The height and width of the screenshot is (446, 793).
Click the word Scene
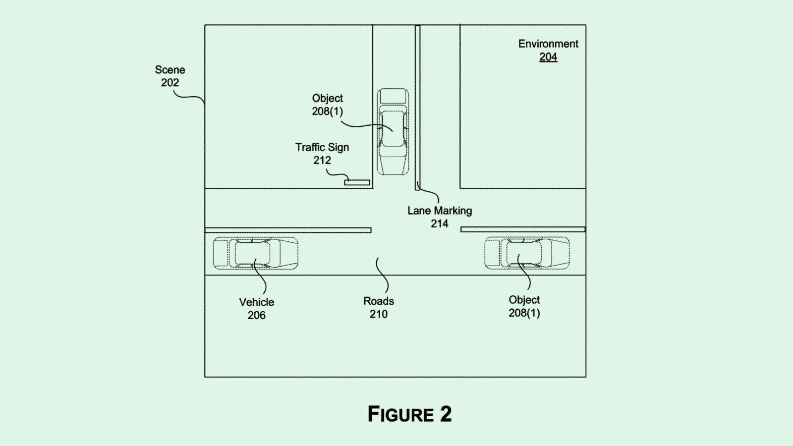click(170, 70)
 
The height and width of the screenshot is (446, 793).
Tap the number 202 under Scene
click(170, 83)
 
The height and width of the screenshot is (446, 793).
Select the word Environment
click(548, 44)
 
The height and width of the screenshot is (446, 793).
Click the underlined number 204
click(548, 57)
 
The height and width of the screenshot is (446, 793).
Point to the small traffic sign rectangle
click(357, 182)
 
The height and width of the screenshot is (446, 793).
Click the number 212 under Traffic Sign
click(322, 160)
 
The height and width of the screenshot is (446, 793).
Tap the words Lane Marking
click(440, 211)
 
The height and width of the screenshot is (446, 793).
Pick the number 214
click(440, 223)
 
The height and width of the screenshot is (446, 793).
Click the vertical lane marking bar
click(418, 107)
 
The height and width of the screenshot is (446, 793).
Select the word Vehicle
click(256, 302)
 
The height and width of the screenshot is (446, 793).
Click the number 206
click(256, 315)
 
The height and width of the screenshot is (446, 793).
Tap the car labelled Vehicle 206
click(256, 253)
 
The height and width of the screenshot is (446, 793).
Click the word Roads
click(379, 301)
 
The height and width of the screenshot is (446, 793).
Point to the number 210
click(379, 314)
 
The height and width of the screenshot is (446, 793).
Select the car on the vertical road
click(393, 131)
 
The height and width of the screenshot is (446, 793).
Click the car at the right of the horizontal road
click(527, 253)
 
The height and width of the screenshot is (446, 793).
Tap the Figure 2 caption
click(409, 414)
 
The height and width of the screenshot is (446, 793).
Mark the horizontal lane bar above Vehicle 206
click(288, 230)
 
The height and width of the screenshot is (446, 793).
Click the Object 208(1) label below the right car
click(524, 306)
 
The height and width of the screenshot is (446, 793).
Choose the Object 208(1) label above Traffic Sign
click(327, 105)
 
